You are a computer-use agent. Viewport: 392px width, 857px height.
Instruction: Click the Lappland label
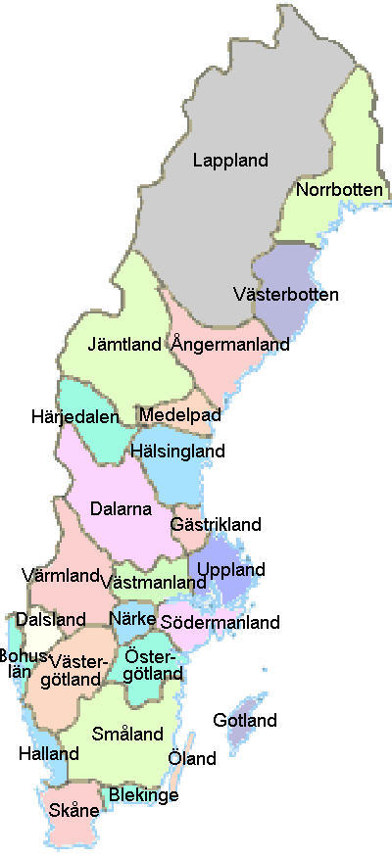point(230,160)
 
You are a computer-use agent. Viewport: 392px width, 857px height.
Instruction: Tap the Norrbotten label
point(339,189)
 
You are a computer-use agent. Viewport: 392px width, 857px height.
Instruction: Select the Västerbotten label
point(287,294)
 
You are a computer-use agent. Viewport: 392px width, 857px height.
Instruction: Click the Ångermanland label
point(230,345)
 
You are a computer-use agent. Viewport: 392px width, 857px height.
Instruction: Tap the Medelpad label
point(179,415)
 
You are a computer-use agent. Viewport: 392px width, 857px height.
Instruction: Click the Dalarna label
point(120,508)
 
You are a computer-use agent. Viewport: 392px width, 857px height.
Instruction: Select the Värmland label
point(60,574)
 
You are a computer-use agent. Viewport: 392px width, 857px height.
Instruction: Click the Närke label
point(132,619)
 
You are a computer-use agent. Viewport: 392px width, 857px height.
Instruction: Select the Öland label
point(192,759)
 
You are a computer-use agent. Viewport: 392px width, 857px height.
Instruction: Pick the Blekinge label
point(144,795)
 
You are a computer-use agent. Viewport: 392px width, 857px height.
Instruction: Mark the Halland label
point(48,754)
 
